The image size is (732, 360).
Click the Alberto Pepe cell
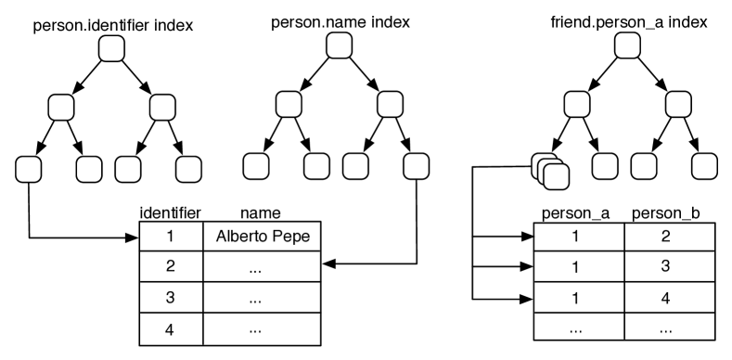pyautogui.click(x=262, y=236)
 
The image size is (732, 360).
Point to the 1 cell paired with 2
pyautogui.click(x=576, y=236)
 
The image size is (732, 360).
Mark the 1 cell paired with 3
pyautogui.click(x=576, y=266)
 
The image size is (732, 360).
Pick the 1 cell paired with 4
pyautogui.click(x=576, y=298)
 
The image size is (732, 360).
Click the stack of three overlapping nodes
pyautogui.click(x=549, y=170)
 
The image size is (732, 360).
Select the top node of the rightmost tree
pyautogui.click(x=628, y=45)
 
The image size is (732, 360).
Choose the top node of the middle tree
pyautogui.click(x=339, y=45)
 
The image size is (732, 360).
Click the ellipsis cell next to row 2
pyautogui.click(x=262, y=267)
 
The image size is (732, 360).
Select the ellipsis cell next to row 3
pyautogui.click(x=262, y=299)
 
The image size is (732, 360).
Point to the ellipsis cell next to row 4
pyautogui.click(x=262, y=329)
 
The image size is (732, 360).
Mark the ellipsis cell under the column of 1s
pyautogui.click(x=576, y=328)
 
